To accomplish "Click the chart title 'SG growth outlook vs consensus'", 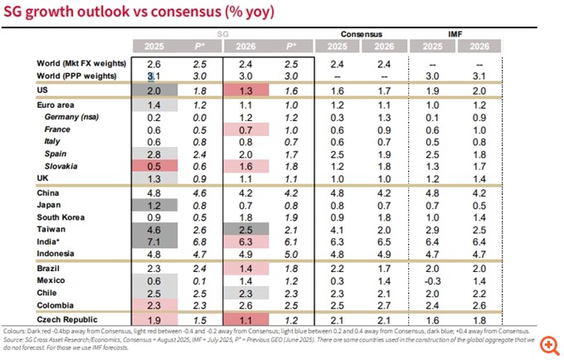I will [141, 13].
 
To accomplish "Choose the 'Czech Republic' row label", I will [69, 319].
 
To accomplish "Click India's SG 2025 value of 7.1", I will [153, 241].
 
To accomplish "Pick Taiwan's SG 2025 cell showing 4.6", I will [153, 229].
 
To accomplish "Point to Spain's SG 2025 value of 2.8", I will [153, 153].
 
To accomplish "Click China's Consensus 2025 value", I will [336, 192].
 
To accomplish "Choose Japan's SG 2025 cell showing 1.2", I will [153, 205].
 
